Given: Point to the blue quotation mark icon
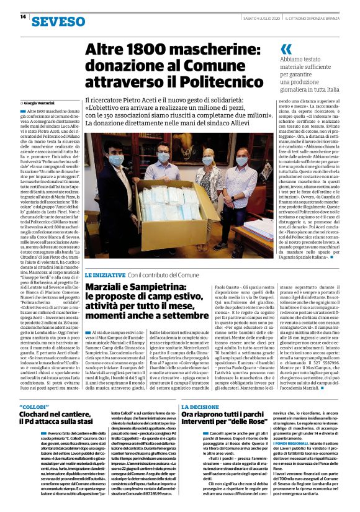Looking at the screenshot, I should click(286, 49).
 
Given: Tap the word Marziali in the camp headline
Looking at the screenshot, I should click(107, 287).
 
